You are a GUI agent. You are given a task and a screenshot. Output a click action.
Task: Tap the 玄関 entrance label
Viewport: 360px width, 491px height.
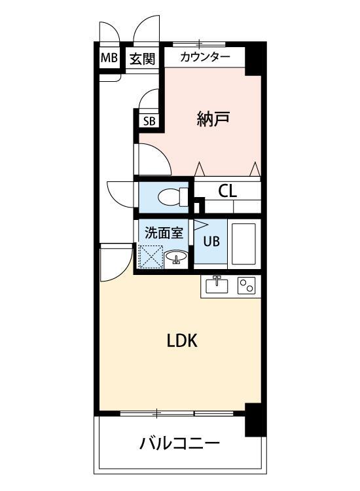pyautogui.click(x=141, y=58)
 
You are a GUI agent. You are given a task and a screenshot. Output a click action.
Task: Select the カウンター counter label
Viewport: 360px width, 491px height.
pyautogui.click(x=205, y=57)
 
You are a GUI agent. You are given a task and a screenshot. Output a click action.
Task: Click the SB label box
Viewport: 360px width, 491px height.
pyautogui.click(x=149, y=120)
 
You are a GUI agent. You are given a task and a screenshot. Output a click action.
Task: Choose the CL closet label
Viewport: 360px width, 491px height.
pyautogui.click(x=227, y=191)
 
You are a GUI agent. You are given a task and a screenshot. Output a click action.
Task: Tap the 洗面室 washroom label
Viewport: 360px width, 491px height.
pyautogui.click(x=163, y=231)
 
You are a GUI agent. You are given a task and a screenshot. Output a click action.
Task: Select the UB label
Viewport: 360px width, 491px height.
pyautogui.click(x=210, y=240)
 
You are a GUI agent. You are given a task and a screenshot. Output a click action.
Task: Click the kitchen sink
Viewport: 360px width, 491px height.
pyautogui.click(x=217, y=285)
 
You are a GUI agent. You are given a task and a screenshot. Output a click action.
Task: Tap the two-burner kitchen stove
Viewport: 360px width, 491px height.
pyautogui.click(x=246, y=285)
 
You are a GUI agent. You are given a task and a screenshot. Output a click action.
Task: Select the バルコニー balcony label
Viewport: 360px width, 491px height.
pyautogui.click(x=179, y=444)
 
